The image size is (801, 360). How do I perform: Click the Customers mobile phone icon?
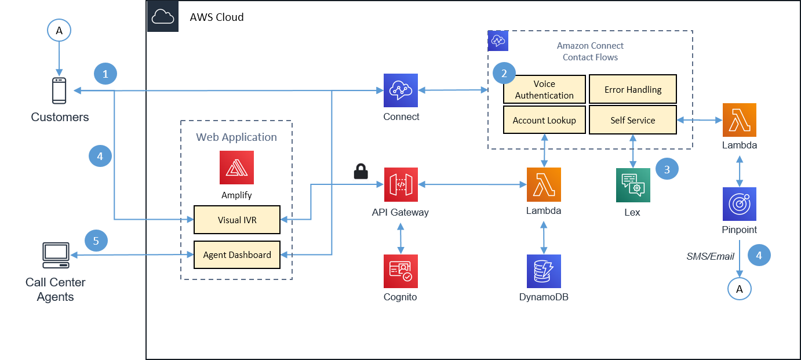tap(59, 90)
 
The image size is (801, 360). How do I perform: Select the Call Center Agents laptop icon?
tap(56, 255)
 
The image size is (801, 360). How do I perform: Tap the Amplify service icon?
tap(236, 168)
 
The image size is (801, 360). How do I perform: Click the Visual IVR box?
tap(237, 220)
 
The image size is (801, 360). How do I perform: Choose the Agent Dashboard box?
tap(237, 254)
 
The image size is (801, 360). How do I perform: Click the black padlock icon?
tap(361, 171)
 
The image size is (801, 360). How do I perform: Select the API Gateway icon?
tap(401, 184)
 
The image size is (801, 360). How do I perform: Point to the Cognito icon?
tap(401, 271)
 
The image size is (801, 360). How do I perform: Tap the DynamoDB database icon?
tap(544, 271)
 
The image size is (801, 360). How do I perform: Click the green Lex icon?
tap(633, 185)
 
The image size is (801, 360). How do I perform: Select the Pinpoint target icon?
tap(740, 204)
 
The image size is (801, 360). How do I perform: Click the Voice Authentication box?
tap(544, 89)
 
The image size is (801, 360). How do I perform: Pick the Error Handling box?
tap(633, 89)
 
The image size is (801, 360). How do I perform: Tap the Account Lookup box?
tap(544, 120)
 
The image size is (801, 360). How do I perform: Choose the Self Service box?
tap(633, 120)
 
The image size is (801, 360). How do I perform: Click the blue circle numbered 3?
tap(667, 169)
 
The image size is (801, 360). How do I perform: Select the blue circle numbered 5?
tap(96, 241)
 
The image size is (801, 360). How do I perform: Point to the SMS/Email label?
tap(710, 256)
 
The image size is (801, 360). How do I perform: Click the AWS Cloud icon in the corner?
tap(163, 16)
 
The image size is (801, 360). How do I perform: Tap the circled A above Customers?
tap(59, 30)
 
